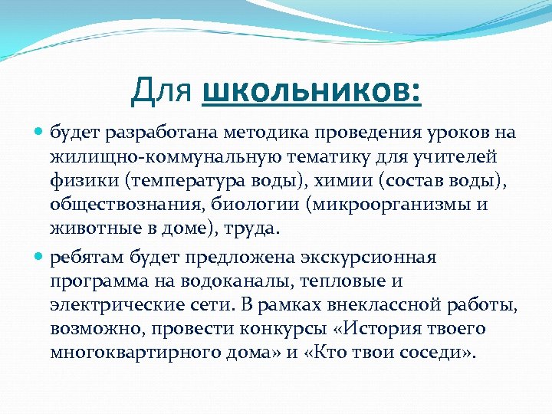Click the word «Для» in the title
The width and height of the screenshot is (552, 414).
(163, 92)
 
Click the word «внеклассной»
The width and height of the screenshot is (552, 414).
(384, 306)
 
